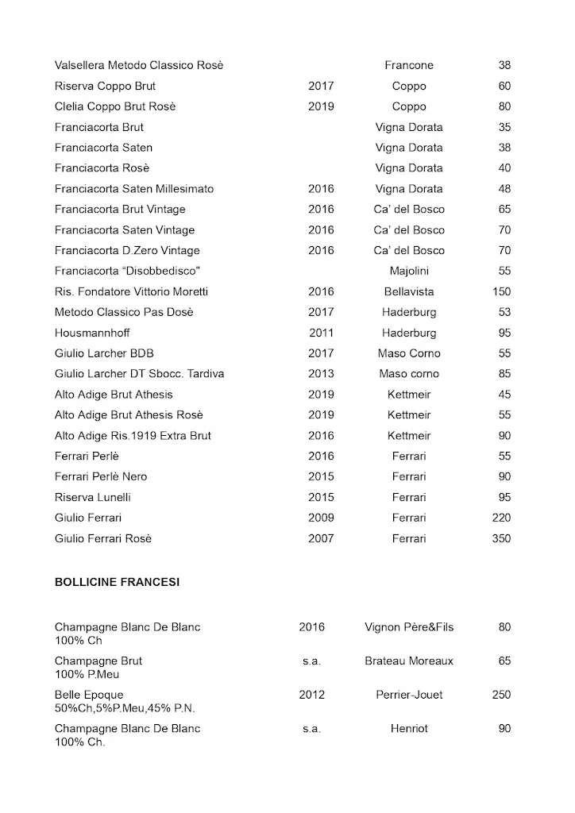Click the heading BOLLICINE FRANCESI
pyautogui.click(x=117, y=582)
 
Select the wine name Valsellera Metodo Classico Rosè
pyautogui.click(x=139, y=65)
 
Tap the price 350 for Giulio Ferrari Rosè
pyautogui.click(x=501, y=538)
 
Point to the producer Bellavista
pyautogui.click(x=409, y=291)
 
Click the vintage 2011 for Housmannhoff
pyautogui.click(x=321, y=333)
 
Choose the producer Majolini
pyautogui.click(x=409, y=271)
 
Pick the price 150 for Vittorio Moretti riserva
pyautogui.click(x=501, y=291)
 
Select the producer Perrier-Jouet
pyautogui.click(x=409, y=695)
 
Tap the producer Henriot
pyautogui.click(x=409, y=728)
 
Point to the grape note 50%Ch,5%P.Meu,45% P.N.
pyautogui.click(x=125, y=708)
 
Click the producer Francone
pyautogui.click(x=409, y=65)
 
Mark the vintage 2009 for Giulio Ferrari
pyautogui.click(x=321, y=518)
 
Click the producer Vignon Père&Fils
pyautogui.click(x=409, y=627)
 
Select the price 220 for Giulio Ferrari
pyautogui.click(x=501, y=518)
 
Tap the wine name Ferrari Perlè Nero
pyautogui.click(x=101, y=476)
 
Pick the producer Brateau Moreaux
pyautogui.click(x=409, y=661)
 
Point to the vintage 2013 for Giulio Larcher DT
pyautogui.click(x=321, y=374)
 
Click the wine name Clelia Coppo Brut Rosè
pyautogui.click(x=115, y=106)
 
